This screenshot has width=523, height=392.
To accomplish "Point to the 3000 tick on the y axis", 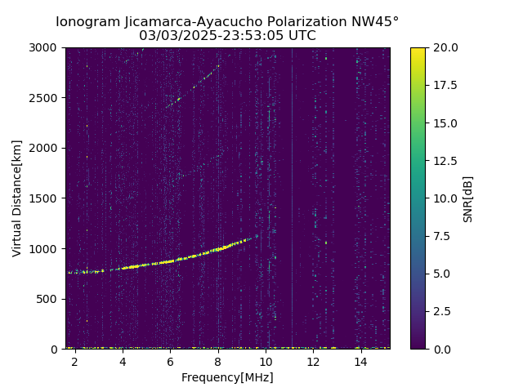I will pos(46,47).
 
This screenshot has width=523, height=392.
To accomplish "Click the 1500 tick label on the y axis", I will pos(46,198).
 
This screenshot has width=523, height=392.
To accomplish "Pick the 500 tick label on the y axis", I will pos(49,299).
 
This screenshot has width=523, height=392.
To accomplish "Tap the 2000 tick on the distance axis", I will pos(46,148).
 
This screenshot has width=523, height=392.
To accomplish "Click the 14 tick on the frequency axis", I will pos(361,361).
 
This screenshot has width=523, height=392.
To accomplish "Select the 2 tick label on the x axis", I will pos(74,361).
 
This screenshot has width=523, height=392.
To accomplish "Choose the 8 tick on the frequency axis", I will pos(217,361).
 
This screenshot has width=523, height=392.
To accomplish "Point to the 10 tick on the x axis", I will pos(266,361).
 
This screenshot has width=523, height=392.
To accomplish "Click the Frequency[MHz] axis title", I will pos(227,377).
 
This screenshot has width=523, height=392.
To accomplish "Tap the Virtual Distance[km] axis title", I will pos(17,198).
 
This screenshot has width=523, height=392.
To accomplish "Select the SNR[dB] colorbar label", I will pos(468,198).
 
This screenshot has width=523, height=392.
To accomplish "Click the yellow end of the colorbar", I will pos(418,51).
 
